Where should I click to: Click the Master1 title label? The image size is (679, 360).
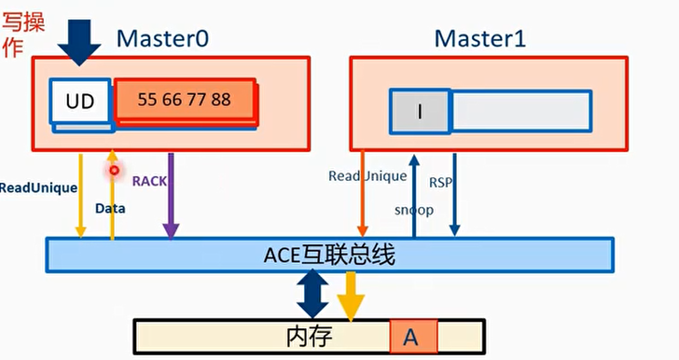(x=480, y=38)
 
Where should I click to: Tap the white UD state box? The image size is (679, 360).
(x=80, y=101)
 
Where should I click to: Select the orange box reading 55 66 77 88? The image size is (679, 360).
(x=185, y=100)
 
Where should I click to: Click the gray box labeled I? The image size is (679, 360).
(x=420, y=111)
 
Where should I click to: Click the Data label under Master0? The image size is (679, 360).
(x=110, y=209)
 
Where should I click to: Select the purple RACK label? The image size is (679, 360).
(x=148, y=181)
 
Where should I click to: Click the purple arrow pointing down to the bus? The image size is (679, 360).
(x=170, y=205)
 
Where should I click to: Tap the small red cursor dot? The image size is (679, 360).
(x=114, y=170)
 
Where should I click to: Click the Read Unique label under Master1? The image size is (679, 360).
(x=367, y=176)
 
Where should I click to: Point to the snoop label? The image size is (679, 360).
(x=413, y=210)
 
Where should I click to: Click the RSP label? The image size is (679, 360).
(x=440, y=182)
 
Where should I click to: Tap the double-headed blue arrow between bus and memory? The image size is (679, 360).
(x=312, y=295)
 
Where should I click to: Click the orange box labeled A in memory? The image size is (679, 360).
(x=410, y=337)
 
